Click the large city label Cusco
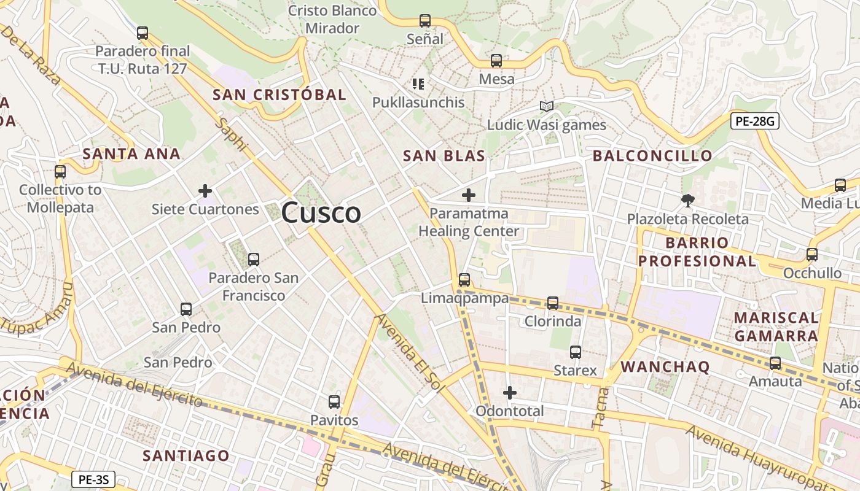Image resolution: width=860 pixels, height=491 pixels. tap(321, 213)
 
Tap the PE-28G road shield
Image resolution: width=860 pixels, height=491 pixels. tap(755, 121)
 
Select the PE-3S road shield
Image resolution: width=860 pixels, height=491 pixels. tap(93, 479)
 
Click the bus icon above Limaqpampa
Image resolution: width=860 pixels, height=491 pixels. tap(464, 280)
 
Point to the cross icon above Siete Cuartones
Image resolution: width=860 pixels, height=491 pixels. tap(205, 191)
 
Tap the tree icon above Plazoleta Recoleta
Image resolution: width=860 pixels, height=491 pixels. tap(687, 200)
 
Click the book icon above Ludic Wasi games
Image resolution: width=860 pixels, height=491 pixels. tap(546, 106)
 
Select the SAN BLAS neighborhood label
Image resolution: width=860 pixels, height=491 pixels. tap(444, 156)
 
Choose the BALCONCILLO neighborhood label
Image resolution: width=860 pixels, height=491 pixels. tap(652, 156)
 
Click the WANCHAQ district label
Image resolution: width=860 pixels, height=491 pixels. tap(665, 367)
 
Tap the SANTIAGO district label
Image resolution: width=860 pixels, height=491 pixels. tap(186, 455)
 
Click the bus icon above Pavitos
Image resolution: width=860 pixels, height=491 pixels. tap(334, 402)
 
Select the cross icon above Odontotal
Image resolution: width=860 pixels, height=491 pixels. tap(510, 392)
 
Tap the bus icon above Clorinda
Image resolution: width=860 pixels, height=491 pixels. tap(553, 303)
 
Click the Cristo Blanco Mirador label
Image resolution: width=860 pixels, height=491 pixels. tap(332, 19)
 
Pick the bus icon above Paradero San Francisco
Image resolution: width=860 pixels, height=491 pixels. tap(254, 259)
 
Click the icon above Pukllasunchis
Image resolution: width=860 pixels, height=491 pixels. tap(418, 83)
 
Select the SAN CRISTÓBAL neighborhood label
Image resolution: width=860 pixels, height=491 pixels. tap(279, 95)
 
